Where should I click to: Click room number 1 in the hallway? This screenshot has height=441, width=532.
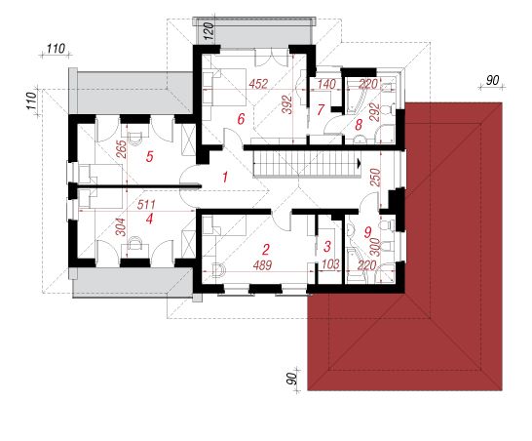(225, 177)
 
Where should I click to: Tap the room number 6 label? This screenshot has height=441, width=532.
(241, 119)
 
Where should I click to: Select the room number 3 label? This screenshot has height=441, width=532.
(327, 246)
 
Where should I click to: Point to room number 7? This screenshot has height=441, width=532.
(321, 109)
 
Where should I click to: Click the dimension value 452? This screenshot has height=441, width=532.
(258, 84)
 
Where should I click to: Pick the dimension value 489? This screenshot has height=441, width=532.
(263, 265)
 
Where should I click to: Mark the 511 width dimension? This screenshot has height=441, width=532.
(146, 205)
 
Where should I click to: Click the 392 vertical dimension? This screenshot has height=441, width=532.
(287, 104)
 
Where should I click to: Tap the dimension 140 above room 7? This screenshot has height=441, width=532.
(326, 84)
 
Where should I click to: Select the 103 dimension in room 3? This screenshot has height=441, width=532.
(329, 264)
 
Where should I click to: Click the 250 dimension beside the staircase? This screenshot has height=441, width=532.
(375, 177)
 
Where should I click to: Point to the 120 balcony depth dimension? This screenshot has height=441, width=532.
(210, 31)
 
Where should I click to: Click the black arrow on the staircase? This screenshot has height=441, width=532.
(359, 164)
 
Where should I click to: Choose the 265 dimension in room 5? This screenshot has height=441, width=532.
(121, 149)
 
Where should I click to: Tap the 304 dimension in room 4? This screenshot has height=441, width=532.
(121, 227)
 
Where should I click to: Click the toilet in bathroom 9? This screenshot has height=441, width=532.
(387, 225)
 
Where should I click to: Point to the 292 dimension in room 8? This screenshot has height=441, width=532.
(374, 112)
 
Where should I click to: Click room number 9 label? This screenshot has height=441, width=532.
(367, 232)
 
